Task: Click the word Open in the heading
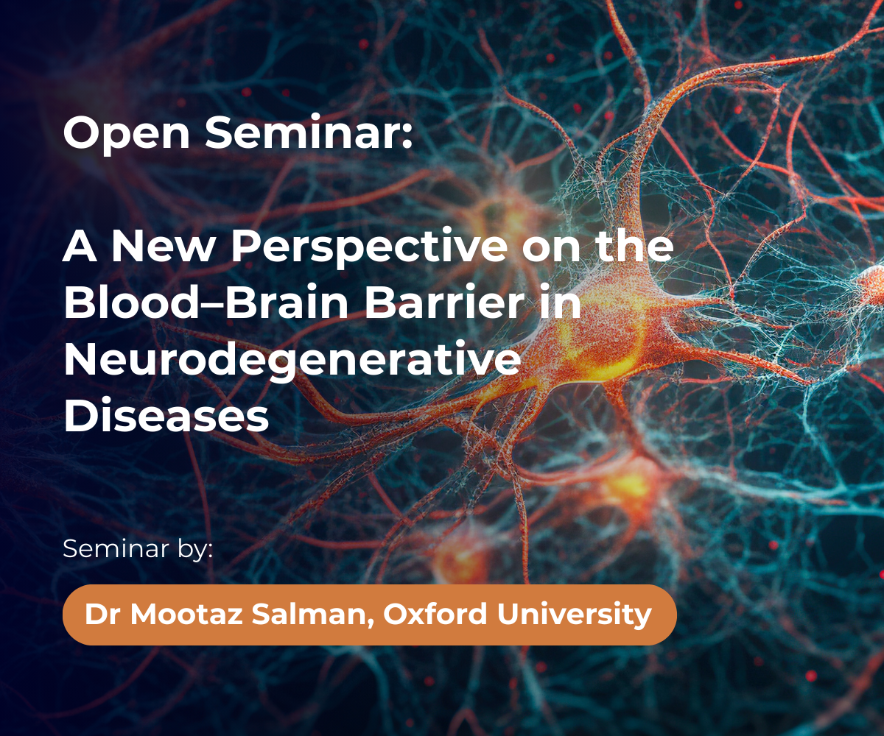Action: click(126, 134)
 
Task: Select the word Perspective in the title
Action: click(369, 248)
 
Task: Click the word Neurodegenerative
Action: click(292, 360)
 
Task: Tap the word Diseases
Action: click(166, 415)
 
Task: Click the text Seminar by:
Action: click(138, 550)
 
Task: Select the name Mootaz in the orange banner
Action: click(186, 614)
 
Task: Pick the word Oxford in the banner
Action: click(435, 614)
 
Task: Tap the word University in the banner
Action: click(574, 615)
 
